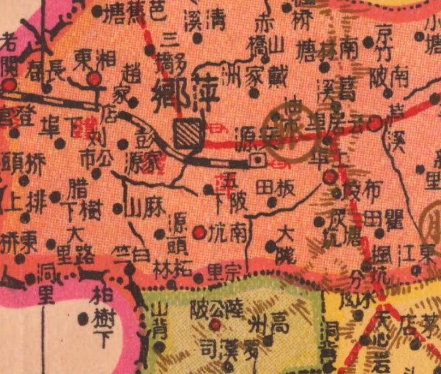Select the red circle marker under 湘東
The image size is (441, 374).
(95, 79)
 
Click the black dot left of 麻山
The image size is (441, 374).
(117, 209)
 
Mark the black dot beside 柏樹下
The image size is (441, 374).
(83, 318)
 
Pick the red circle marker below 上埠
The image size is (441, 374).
(330, 177)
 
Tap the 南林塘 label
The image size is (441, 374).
(326, 51)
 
